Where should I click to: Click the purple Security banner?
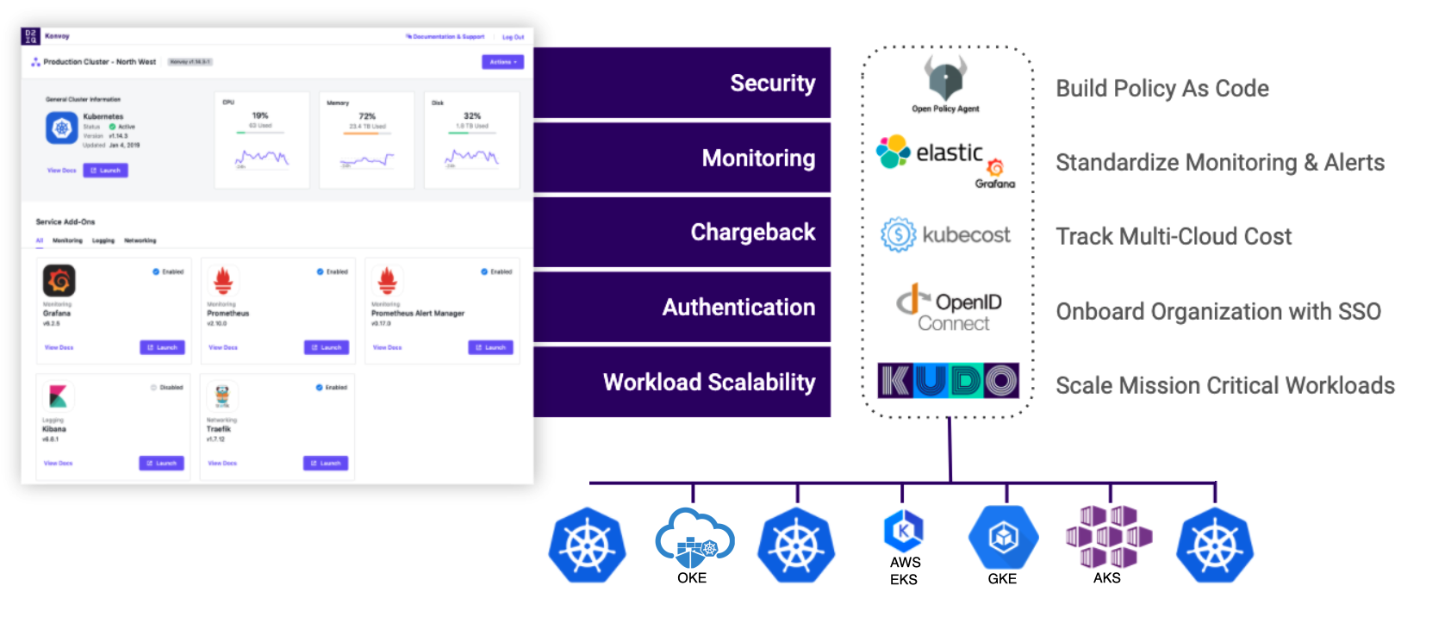[x=682, y=83]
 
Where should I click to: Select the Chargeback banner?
[x=682, y=232]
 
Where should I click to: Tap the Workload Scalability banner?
[x=682, y=381]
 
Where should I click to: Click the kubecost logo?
[x=946, y=234]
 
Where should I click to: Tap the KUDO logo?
[x=948, y=381]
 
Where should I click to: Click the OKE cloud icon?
[x=694, y=539]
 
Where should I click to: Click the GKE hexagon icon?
[x=1003, y=538]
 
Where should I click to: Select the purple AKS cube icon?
[x=1109, y=537]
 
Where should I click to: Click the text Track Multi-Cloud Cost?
[x=1174, y=236]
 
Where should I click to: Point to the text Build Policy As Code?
[x=1161, y=88]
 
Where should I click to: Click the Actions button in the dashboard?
[x=502, y=62]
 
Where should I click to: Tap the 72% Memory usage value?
[x=367, y=115]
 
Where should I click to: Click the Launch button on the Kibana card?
[x=161, y=463]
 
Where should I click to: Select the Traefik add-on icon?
[x=222, y=396]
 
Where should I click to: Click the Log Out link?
[x=513, y=37]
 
